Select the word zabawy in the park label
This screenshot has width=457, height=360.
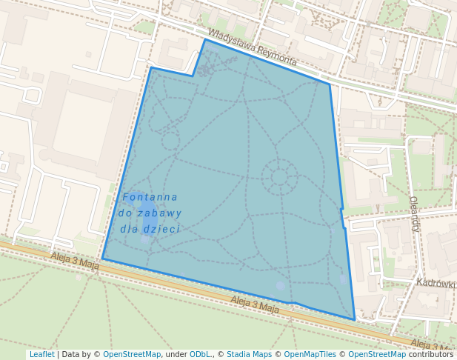(x=164, y=213)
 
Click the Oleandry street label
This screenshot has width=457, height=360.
(x=415, y=214)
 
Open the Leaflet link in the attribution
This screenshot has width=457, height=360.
(x=41, y=354)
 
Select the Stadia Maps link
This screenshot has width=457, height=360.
(x=249, y=354)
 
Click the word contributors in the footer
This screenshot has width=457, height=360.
(x=431, y=354)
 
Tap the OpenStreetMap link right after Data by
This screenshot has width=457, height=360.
(x=132, y=354)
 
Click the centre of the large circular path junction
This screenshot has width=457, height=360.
(x=279, y=176)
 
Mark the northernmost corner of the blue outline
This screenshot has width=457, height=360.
(x=205, y=39)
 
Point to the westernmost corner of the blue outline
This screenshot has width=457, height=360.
(x=102, y=259)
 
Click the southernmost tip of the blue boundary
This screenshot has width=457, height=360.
(x=355, y=320)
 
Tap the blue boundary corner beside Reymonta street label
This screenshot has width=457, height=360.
(x=330, y=84)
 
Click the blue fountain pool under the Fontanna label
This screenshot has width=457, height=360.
(x=149, y=222)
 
